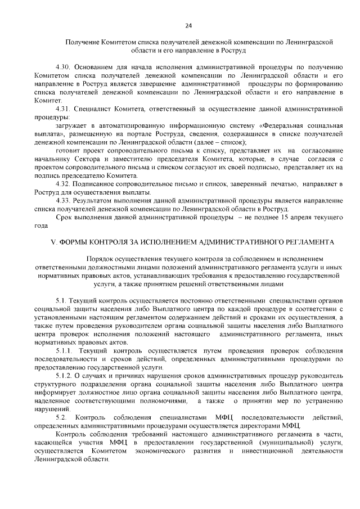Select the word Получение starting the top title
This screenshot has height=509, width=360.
click(x=82, y=42)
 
